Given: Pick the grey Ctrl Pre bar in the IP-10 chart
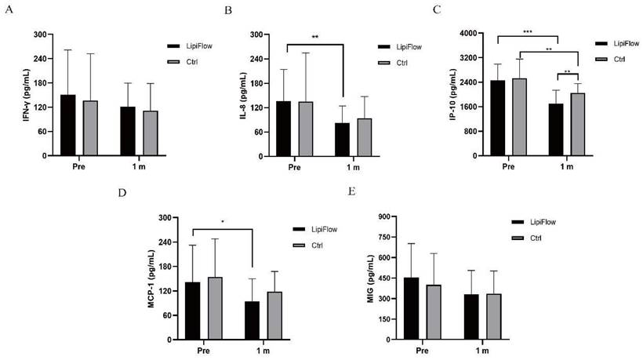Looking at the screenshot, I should (x=519, y=117).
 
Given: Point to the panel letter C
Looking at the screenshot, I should (x=437, y=9).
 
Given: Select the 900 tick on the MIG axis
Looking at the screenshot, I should (x=386, y=216).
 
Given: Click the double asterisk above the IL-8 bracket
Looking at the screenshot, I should (x=315, y=37).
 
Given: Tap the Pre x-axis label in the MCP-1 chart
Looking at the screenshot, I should (x=203, y=351).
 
